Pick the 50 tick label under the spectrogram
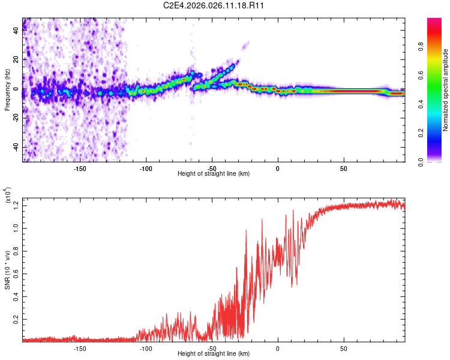(343, 169)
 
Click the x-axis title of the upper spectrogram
(214, 174)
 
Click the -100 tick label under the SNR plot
(145, 348)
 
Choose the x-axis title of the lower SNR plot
(214, 353)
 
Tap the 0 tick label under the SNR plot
(278, 348)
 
